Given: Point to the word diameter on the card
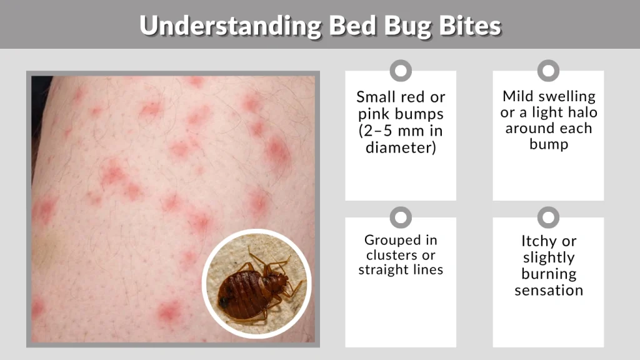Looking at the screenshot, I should point(401,148).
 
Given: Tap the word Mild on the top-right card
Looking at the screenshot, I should point(520,96).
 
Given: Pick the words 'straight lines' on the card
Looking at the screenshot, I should point(401,270).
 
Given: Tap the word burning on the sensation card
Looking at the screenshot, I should point(549,274).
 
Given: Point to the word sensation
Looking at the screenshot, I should point(549,290).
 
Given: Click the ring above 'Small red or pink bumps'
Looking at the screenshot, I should point(401,71).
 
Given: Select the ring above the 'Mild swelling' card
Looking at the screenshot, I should point(548,71).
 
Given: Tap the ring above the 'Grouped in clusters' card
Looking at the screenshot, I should point(401,217).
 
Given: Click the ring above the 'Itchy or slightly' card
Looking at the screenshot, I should point(548,217).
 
